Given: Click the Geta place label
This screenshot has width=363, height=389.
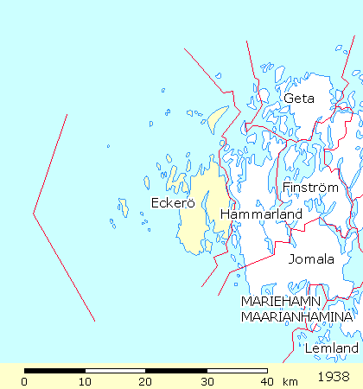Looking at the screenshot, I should (x=298, y=99).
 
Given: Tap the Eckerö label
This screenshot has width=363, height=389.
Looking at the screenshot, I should (x=169, y=204).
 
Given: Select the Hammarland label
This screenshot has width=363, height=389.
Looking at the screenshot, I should (x=261, y=214).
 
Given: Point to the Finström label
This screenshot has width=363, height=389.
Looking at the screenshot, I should (x=305, y=187).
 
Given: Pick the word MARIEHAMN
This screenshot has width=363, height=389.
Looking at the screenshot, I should (x=281, y=302).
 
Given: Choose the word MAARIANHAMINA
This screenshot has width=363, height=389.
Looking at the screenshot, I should (x=297, y=317).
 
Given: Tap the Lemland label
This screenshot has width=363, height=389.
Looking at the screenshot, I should (x=331, y=348).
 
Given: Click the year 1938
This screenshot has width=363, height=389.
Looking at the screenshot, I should (x=334, y=377).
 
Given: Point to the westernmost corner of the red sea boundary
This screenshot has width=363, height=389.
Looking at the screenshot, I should (x=34, y=213).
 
